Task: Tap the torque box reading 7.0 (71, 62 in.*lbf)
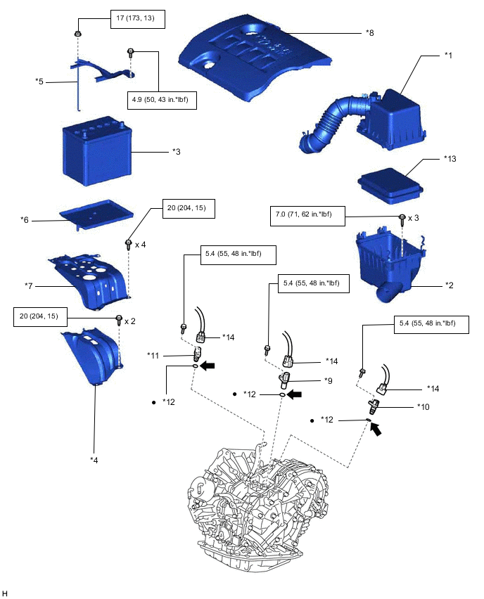pyautogui.click(x=307, y=216)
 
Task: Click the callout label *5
pyautogui.click(x=39, y=81)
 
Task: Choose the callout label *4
pyautogui.click(x=94, y=459)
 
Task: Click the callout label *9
pyautogui.click(x=328, y=380)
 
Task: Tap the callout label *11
pyautogui.click(x=155, y=354)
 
